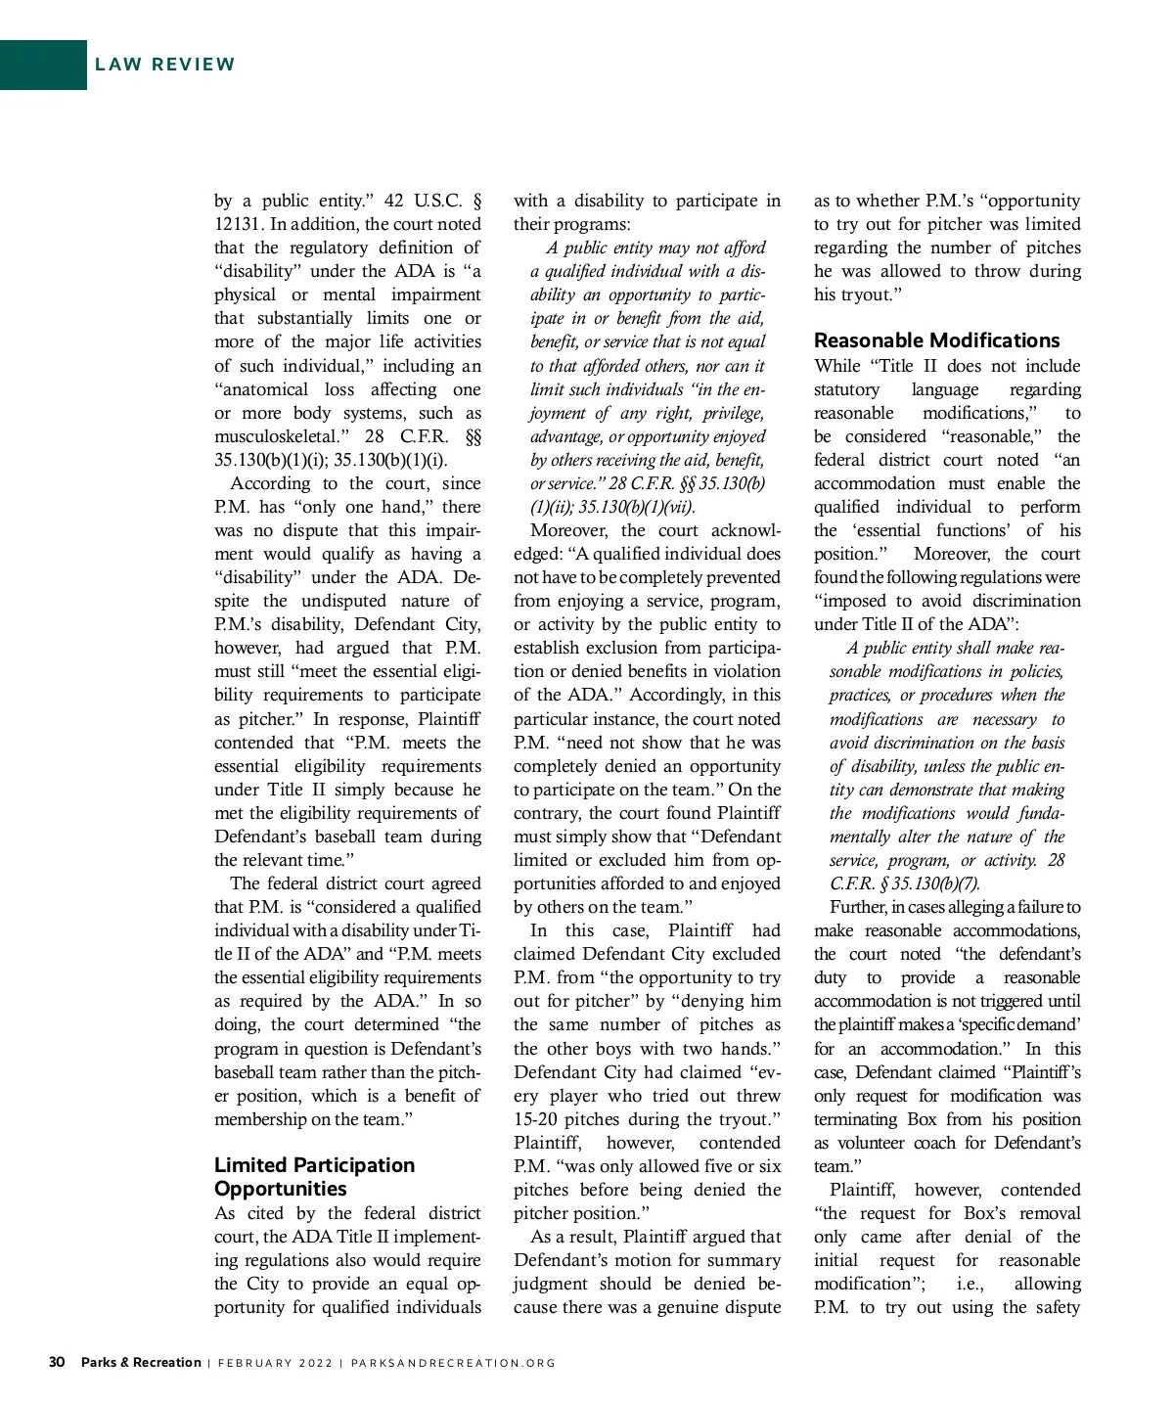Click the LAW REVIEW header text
tap(165, 65)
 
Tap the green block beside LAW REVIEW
tap(43, 65)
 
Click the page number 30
tap(57, 1362)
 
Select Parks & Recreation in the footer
tap(141, 1362)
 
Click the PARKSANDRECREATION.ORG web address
tap(453, 1363)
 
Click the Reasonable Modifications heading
tap(936, 340)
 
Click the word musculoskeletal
tap(279, 436)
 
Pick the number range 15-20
tap(538, 1119)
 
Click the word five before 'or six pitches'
tap(716, 1166)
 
